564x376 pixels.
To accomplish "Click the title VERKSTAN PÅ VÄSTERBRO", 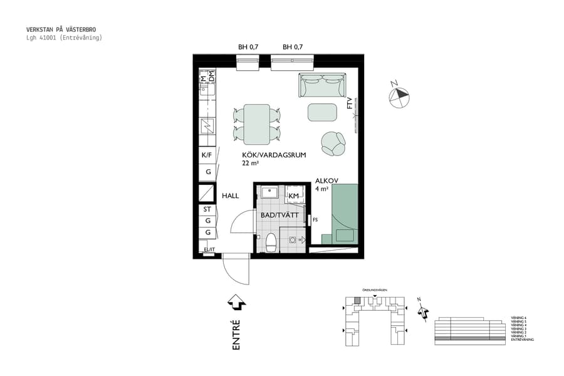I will pyautogui.click(x=61, y=29).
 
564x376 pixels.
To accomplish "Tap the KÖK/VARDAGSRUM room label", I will pyautogui.click(x=274, y=155).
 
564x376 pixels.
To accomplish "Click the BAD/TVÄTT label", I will pyautogui.click(x=279, y=214).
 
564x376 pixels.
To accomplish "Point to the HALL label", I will pyautogui.click(x=230, y=196).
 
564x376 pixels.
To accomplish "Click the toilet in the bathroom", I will pyautogui.click(x=271, y=242).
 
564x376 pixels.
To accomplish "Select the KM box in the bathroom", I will pyautogui.click(x=293, y=196).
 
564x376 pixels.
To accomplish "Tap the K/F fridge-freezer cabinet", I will pyautogui.click(x=206, y=155).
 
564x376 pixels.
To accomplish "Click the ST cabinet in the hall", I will pyautogui.click(x=206, y=209).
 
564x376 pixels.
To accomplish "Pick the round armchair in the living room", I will pyautogui.click(x=333, y=144).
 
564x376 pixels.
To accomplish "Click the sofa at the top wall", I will pyautogui.click(x=322, y=85).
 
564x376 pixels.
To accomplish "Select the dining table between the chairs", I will pyautogui.click(x=257, y=123).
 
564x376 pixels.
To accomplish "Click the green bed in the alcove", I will pyautogui.click(x=344, y=213).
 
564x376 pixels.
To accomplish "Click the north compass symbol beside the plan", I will pyautogui.click(x=399, y=95).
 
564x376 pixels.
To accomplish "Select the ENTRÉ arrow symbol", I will pyautogui.click(x=236, y=303).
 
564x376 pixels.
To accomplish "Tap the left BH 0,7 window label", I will pyautogui.click(x=248, y=47).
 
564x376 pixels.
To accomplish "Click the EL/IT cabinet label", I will pyautogui.click(x=209, y=250).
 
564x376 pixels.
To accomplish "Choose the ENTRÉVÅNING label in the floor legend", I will pyautogui.click(x=522, y=339).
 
